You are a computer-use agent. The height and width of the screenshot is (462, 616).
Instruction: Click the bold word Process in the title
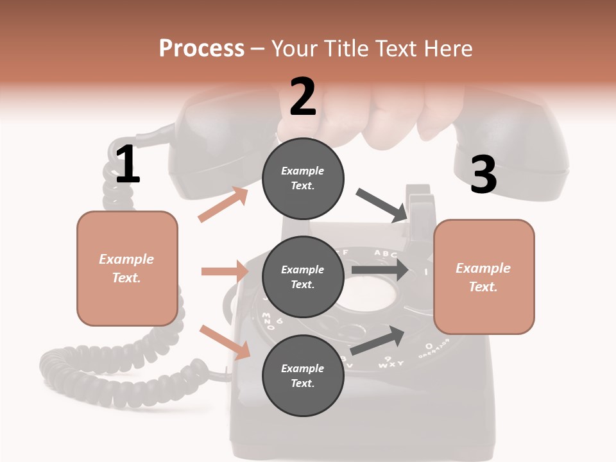tap(201, 48)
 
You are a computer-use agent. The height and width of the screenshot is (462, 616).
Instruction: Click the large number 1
tap(127, 164)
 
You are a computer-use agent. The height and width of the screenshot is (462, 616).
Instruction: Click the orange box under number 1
tap(127, 268)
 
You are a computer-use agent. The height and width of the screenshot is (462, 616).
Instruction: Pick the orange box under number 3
tap(484, 277)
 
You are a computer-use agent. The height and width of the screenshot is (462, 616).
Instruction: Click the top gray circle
tap(303, 178)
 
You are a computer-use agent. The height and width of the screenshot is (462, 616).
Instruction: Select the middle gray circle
tap(303, 277)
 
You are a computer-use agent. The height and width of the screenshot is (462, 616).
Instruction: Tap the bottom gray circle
tap(303, 375)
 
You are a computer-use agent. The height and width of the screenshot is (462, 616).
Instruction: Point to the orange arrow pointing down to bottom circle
tap(225, 342)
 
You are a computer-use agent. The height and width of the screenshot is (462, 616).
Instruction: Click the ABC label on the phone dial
tap(386, 253)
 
